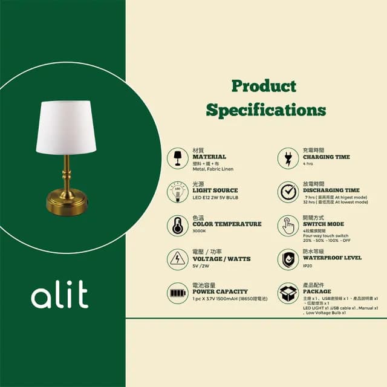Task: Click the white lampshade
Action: coord(67,128)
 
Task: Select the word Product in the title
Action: coord(264,86)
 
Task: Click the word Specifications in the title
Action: coord(265,110)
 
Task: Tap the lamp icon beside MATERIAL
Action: coord(178,158)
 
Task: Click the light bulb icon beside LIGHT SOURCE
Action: coord(178,192)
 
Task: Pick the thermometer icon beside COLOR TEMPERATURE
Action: coord(178,226)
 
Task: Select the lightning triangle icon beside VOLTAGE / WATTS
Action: coord(178,259)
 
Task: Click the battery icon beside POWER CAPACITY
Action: coord(178,293)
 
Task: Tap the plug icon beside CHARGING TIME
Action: coord(288,158)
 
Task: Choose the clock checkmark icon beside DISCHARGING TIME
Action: coord(288,192)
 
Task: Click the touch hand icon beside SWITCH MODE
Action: coord(288,226)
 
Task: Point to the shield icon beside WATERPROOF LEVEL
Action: coord(288,259)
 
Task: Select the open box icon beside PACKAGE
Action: coord(288,293)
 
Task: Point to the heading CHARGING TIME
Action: coord(326,157)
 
